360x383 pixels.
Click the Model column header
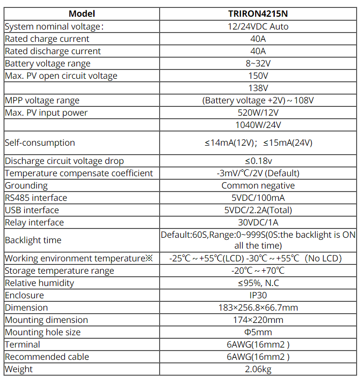coord(82,14)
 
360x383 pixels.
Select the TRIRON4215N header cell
coord(259,14)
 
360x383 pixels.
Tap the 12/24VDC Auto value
coord(259,27)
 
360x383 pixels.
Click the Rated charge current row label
coord(47,39)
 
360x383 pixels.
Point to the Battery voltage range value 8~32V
coord(259,64)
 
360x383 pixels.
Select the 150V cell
coord(259,76)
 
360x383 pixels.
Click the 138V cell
coord(259,88)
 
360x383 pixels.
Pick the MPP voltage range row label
coord(42,100)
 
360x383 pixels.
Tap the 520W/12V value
coord(259,113)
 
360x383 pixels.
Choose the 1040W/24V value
coord(259,125)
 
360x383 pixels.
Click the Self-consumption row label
coord(40,143)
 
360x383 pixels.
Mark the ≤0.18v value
coord(259,161)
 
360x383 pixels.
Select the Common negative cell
coord(259,186)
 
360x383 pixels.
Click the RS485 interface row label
coord(36,198)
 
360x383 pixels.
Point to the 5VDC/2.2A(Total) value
coord(259,210)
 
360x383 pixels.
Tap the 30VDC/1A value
coord(259,223)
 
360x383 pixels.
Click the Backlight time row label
coord(33,240)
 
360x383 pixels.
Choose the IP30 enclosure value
coord(259,295)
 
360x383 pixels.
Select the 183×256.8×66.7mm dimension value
coord(259,308)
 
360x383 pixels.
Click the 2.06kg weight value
coord(259,369)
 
